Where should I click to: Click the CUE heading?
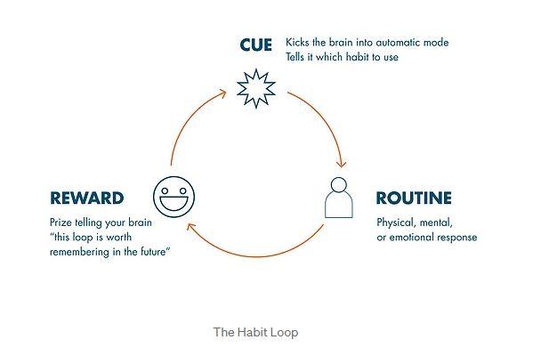pyautogui.click(x=255, y=44)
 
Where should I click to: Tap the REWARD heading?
pyautogui.click(x=86, y=198)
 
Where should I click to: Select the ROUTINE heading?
pyautogui.click(x=414, y=198)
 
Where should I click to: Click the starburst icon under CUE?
pyautogui.click(x=256, y=88)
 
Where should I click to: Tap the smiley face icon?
pyautogui.click(x=174, y=197)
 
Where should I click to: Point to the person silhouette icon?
pyautogui.click(x=338, y=198)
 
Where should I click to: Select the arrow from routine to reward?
pyautogui.click(x=254, y=255)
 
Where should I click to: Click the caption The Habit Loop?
pyautogui.click(x=255, y=332)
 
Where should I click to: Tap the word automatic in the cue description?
pyautogui.click(x=398, y=43)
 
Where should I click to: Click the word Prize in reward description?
pyautogui.click(x=61, y=222)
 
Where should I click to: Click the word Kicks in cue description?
pyautogui.click(x=297, y=43)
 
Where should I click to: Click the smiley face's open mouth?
pyautogui.click(x=174, y=204)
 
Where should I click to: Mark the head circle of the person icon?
pyautogui.click(x=338, y=185)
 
